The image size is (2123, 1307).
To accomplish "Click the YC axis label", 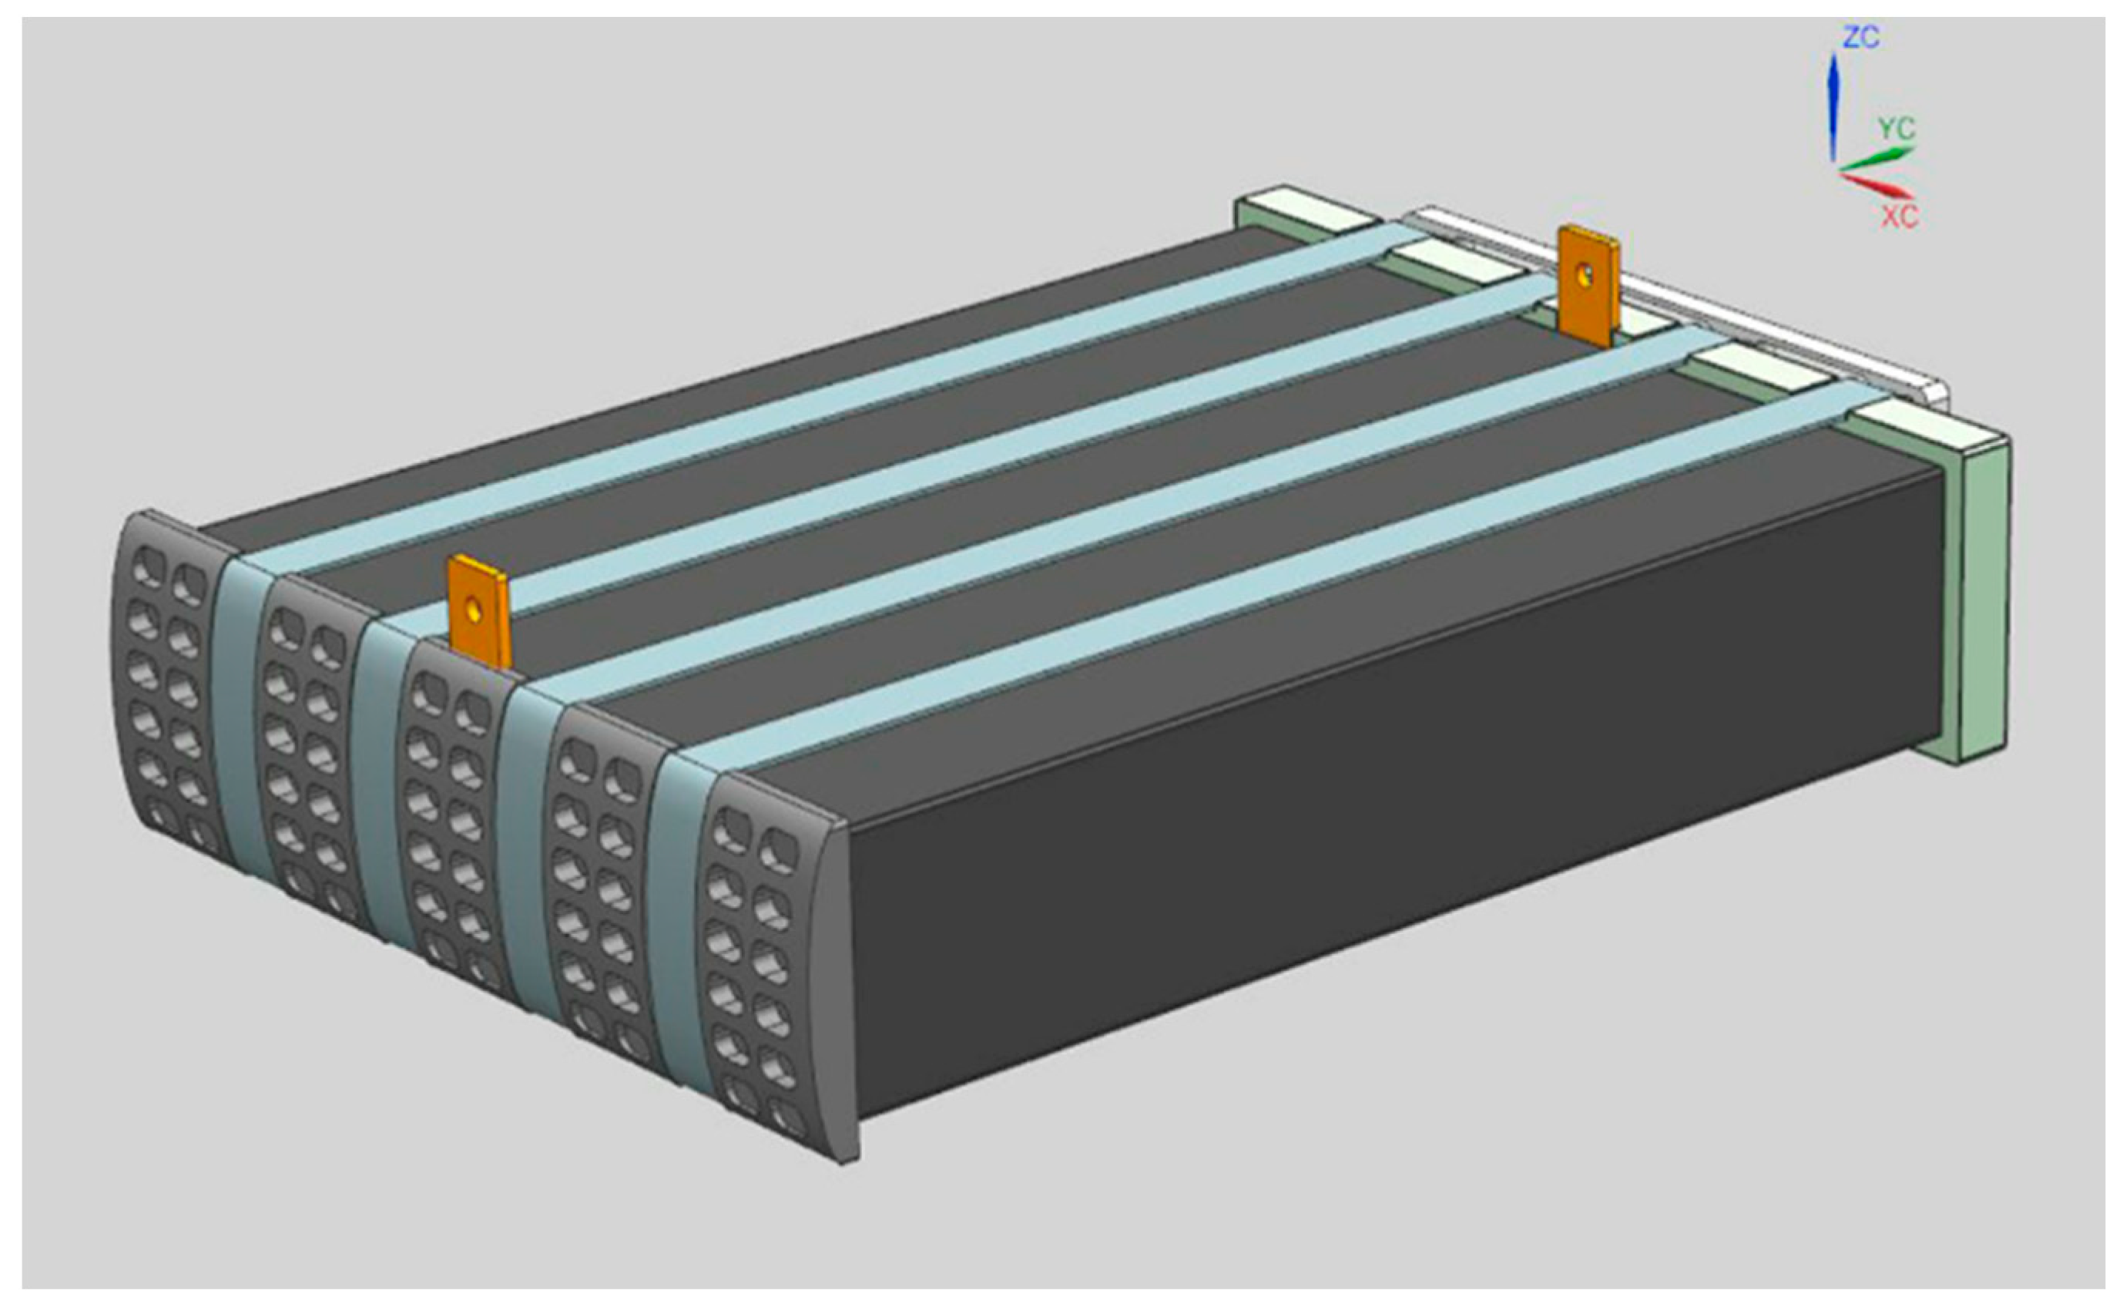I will click(1897, 129).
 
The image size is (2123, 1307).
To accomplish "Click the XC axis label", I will click(1899, 216).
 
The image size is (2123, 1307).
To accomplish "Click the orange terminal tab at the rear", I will click(1588, 286).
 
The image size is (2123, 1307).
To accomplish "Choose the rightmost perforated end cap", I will click(765, 968).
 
